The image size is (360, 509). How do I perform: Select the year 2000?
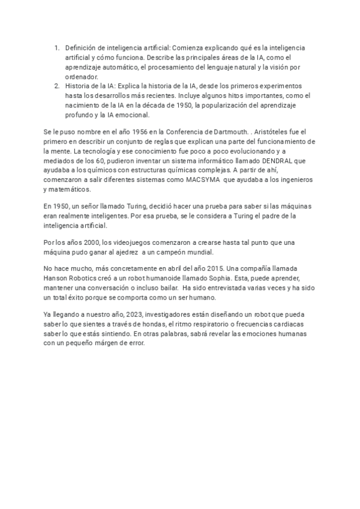[91, 242]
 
